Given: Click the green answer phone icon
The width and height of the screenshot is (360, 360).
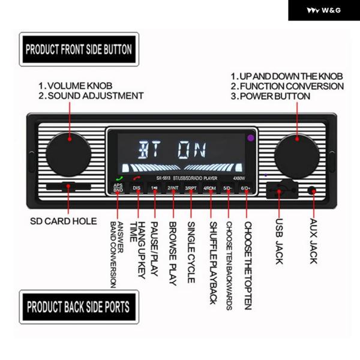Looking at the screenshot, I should click(119, 178).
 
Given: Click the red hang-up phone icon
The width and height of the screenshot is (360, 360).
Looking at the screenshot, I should click(137, 178).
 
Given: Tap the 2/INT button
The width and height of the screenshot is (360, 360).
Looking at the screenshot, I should click(173, 188).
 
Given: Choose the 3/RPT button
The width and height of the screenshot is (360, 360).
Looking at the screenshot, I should click(191, 188).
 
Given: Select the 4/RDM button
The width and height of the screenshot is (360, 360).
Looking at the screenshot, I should click(209, 188).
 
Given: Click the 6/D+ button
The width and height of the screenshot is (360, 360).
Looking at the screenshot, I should click(245, 188).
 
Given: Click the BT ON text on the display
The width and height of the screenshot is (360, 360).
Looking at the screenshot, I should click(171, 148).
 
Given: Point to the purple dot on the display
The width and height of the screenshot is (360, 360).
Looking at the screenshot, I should click(250, 139).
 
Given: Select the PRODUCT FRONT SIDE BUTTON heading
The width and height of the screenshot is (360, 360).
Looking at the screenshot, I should click(79, 49).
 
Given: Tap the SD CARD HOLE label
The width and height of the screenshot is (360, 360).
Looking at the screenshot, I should click(63, 221).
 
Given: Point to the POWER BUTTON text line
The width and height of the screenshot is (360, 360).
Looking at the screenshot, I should click(271, 96).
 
